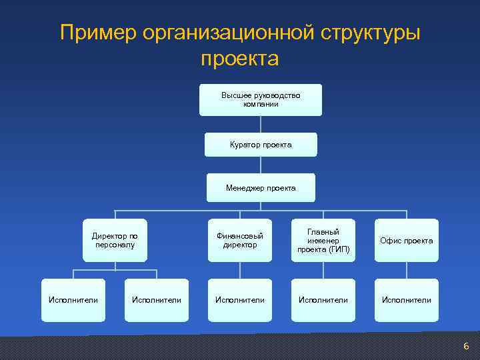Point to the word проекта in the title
click(239, 59)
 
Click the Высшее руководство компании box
click(261, 100)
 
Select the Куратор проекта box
click(261, 145)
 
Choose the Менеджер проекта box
click(261, 188)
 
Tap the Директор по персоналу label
click(115, 240)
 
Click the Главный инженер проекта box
click(323, 240)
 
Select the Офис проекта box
click(406, 240)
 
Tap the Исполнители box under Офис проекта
click(406, 300)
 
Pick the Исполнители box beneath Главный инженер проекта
click(323, 300)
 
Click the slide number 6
click(466, 346)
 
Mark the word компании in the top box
click(261, 105)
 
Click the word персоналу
click(115, 245)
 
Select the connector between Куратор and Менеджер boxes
click(261, 165)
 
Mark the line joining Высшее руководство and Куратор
click(261, 124)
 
